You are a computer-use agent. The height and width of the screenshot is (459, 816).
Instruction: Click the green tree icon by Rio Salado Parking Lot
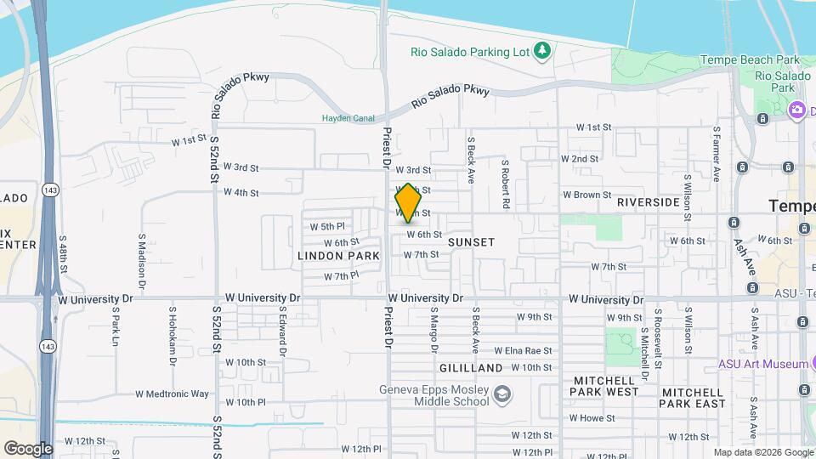[541, 51]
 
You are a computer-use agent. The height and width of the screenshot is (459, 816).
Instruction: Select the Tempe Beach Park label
[750, 60]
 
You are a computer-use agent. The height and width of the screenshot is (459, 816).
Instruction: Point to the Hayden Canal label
[348, 118]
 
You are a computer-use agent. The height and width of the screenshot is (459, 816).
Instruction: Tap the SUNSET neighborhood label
[471, 242]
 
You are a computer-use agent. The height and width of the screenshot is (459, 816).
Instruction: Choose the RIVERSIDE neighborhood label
[649, 202]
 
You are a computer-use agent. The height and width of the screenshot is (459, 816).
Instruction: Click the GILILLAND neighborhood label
[472, 368]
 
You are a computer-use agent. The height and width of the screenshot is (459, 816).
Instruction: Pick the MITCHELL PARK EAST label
[693, 398]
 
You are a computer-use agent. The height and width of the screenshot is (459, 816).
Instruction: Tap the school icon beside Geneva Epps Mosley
[502, 393]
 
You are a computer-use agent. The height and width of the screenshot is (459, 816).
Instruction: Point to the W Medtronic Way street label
[172, 394]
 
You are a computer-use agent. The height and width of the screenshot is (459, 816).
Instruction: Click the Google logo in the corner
[28, 449]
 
